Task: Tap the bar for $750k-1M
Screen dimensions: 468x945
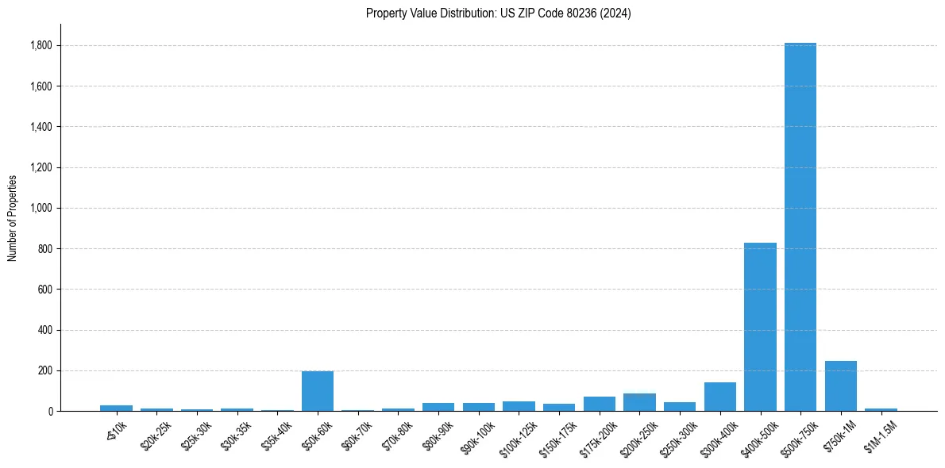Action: pyautogui.click(x=840, y=386)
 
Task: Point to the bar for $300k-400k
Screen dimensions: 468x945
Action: pyautogui.click(x=719, y=397)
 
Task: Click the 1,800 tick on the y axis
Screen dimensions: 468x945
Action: pyautogui.click(x=41, y=46)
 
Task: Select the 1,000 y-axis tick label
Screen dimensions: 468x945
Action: pyautogui.click(x=41, y=209)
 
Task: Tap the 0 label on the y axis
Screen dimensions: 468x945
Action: pyautogui.click(x=49, y=412)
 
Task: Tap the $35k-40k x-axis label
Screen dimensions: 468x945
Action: pyautogui.click(x=278, y=435)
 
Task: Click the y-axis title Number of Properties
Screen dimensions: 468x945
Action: pyautogui.click(x=13, y=218)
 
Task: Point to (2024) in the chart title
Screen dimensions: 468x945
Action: pyautogui.click(x=616, y=13)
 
